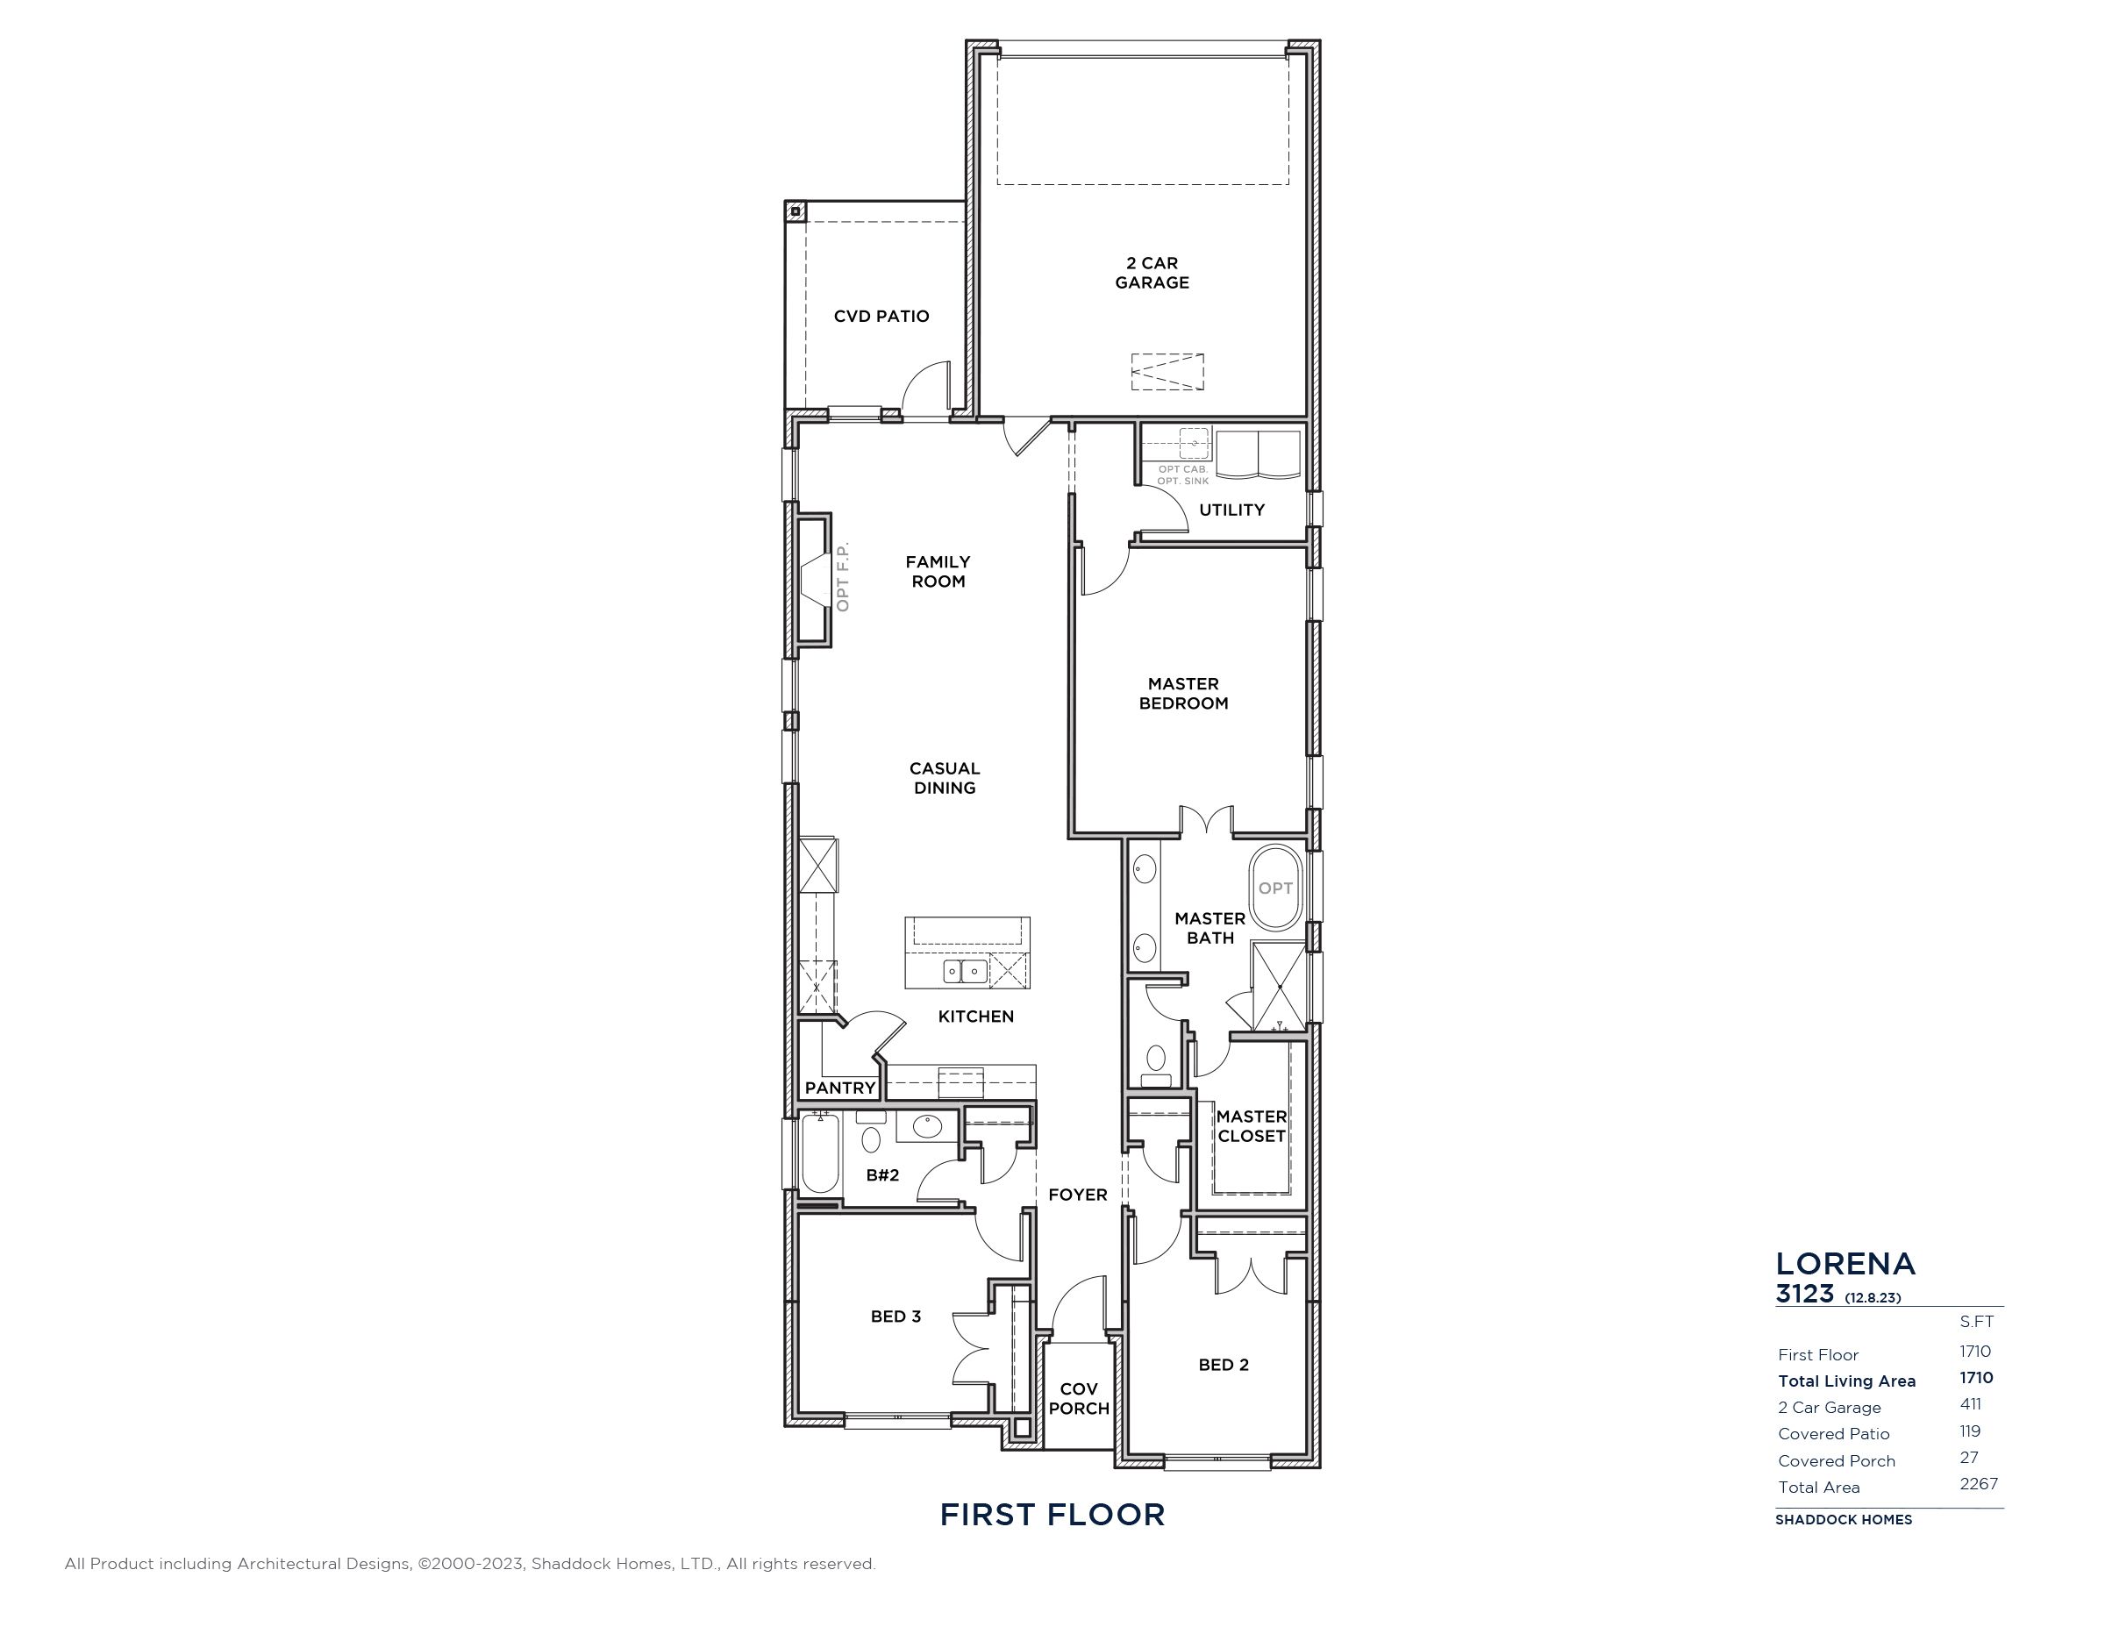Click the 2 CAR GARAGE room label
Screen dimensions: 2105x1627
point(1152,273)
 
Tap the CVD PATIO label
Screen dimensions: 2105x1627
point(881,316)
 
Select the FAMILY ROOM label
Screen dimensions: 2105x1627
point(938,572)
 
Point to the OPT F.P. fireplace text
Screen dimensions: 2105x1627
point(844,577)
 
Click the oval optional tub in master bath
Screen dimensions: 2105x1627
point(1275,888)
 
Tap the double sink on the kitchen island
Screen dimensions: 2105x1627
point(965,971)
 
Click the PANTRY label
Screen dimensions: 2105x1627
point(839,1088)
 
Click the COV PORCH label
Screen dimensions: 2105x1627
point(1079,1399)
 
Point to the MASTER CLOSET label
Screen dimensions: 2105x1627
point(1251,1127)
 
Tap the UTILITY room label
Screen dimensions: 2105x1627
point(1231,510)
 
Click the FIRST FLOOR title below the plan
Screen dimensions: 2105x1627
point(1052,1514)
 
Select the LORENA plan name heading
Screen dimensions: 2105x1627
point(1845,1264)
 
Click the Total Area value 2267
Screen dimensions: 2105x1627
point(1978,1484)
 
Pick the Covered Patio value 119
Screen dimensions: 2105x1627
point(1970,1431)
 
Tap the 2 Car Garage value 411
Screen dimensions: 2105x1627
point(1970,1404)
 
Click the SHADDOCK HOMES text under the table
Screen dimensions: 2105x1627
point(1844,1520)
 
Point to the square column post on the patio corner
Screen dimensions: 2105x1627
point(796,211)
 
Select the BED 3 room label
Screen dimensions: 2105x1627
point(896,1317)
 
